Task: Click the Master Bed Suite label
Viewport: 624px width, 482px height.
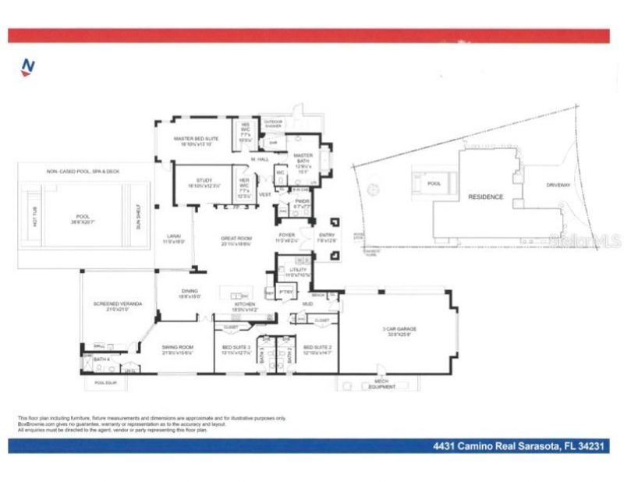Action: (x=196, y=138)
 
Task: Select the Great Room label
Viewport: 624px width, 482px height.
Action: (x=236, y=239)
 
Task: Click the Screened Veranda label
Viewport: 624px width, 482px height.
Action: (x=117, y=304)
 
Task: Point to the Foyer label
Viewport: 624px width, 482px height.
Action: (x=287, y=235)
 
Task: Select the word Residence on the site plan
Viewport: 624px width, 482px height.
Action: (x=485, y=197)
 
